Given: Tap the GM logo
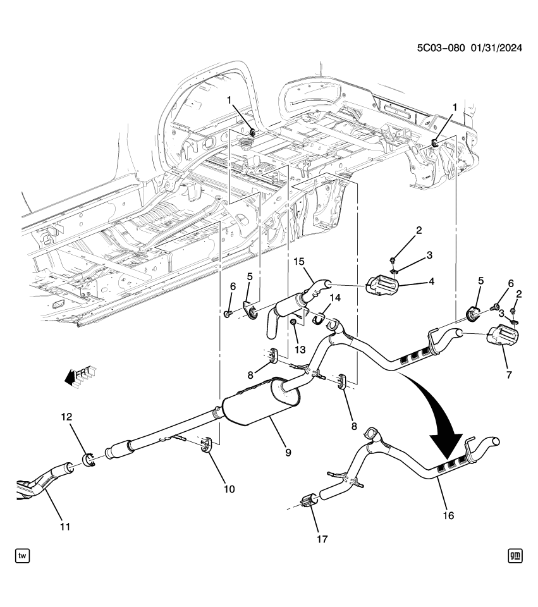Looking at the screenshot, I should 515,556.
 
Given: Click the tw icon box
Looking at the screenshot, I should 22,556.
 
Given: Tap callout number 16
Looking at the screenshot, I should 448,515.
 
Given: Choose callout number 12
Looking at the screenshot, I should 66,417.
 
